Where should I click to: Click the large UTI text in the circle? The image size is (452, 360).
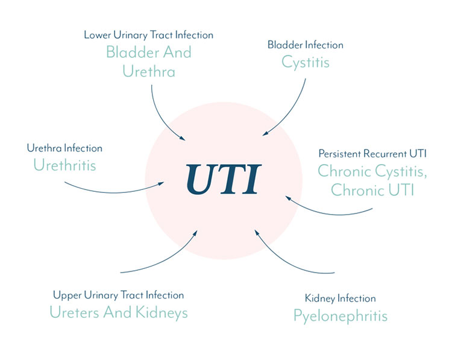[x=224, y=179]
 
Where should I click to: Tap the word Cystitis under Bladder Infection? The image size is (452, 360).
[x=306, y=62]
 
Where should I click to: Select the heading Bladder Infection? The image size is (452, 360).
[x=306, y=45]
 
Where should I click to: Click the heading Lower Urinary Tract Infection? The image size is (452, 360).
[x=148, y=35]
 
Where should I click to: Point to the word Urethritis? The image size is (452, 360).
[x=64, y=165]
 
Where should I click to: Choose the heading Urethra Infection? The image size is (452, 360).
[x=64, y=148]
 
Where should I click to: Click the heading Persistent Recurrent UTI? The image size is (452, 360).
[x=372, y=153]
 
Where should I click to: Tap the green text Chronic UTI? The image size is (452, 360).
[x=372, y=190]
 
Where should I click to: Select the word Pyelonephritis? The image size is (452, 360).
[x=341, y=316]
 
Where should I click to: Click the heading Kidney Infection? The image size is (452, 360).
[x=341, y=298]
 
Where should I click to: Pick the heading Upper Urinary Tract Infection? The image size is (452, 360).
[x=119, y=295]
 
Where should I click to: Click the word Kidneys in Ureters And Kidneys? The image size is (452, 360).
[x=162, y=313]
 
